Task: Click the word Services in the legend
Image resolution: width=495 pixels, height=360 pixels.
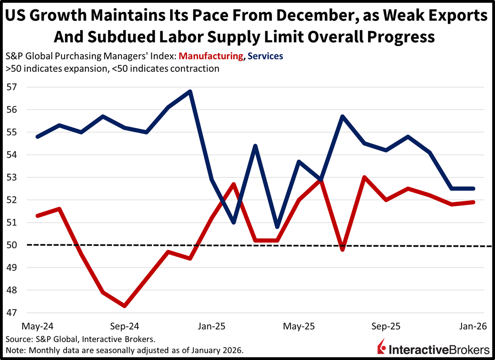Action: [x=265, y=56]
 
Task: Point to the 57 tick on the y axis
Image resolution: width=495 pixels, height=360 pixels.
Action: [x=11, y=87]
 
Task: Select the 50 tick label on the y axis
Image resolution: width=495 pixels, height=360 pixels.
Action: [x=11, y=245]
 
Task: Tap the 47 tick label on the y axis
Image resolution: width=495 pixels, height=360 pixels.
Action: [x=11, y=313]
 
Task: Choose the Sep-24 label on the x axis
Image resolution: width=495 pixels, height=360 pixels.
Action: [x=124, y=326]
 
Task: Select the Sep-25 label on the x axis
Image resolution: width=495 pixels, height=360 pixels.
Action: [x=386, y=326]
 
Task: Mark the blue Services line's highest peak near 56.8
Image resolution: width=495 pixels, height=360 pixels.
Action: [x=190, y=91]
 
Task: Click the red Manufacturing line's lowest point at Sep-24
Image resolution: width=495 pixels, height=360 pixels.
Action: [x=124, y=306]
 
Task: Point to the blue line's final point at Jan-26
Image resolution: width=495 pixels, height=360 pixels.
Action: [x=473, y=188]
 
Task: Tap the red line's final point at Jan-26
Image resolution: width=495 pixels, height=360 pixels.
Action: [x=473, y=202]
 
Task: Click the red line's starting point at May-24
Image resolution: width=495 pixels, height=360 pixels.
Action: [x=37, y=216]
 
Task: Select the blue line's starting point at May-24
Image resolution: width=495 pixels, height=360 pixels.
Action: [x=37, y=136]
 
